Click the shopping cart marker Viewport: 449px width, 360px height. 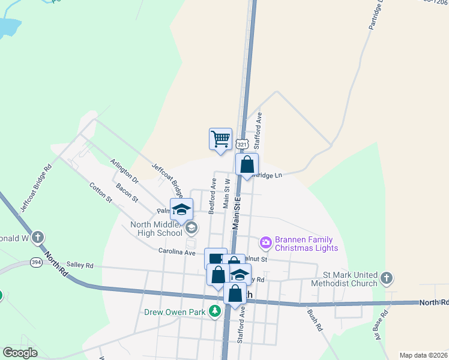pos(220,139)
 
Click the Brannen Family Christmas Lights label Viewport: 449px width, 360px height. pos(306,243)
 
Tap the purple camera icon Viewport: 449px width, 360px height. pos(265,242)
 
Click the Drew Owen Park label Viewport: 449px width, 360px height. pos(174,312)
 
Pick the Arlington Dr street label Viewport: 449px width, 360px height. pos(124,170)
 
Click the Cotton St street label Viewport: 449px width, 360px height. pos(101,191)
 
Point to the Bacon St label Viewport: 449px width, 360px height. pos(127,192)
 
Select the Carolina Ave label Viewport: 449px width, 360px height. pos(177,253)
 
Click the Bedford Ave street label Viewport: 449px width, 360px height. pos(212,196)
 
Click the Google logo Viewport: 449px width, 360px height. pos(20,353)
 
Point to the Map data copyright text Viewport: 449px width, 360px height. pos(424,355)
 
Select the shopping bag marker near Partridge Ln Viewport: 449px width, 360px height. pos(247,164)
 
